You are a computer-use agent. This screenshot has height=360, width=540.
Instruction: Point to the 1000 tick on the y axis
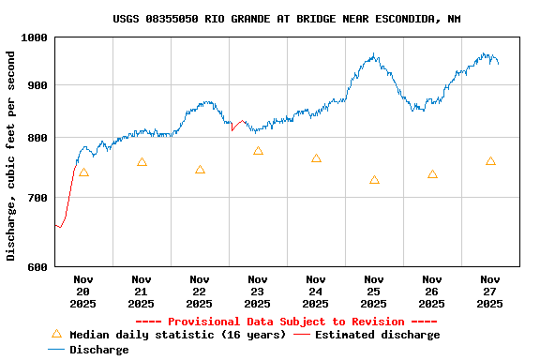[35, 37]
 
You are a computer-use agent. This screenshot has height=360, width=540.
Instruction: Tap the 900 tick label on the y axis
[37, 85]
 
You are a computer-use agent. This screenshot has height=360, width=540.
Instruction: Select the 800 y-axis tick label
[37, 138]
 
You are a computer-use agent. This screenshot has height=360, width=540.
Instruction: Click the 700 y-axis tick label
[37, 198]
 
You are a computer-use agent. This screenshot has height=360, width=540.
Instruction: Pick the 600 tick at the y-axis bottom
[37, 266]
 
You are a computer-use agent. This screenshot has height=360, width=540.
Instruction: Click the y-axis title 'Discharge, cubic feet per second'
[11, 156]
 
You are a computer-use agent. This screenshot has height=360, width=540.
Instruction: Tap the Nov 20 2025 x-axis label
[83, 291]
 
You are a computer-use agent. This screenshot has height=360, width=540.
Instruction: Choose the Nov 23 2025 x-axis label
[258, 291]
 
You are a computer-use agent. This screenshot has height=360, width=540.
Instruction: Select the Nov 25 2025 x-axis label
[374, 291]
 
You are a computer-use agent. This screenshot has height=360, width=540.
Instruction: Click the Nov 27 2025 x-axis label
[490, 291]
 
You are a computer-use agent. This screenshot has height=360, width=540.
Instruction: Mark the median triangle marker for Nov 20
[83, 172]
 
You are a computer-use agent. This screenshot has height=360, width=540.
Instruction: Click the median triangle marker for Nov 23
[258, 151]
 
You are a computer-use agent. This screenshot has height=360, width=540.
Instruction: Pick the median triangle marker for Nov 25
[374, 180]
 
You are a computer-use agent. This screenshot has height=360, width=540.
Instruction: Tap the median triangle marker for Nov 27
[490, 161]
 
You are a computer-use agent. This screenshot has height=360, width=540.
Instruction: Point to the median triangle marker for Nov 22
[200, 170]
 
